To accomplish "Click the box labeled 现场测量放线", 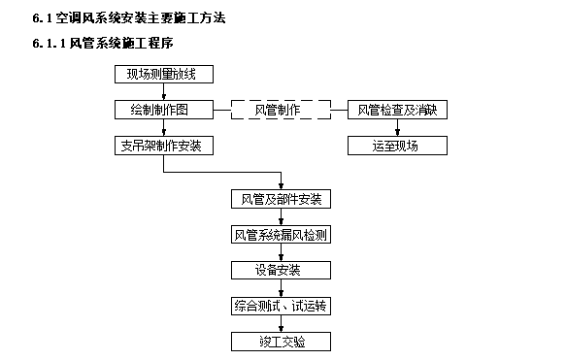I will point(163,75).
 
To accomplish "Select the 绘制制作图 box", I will point(163,110).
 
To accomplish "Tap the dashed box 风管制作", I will point(280,110).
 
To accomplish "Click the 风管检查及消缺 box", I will point(397,110).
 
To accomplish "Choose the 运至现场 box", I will point(397,147).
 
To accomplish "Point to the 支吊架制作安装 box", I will point(163,147).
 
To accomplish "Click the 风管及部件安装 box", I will point(281,199).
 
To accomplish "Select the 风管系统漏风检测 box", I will point(281,234).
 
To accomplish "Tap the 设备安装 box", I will point(281,270).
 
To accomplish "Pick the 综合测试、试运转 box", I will point(281,306).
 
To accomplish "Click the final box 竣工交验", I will point(281,342).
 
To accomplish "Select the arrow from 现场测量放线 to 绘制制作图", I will point(163,92).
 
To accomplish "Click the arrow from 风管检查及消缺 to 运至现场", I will point(397,128).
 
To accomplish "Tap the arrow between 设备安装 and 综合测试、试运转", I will point(281,287).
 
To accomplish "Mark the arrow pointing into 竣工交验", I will point(281,323).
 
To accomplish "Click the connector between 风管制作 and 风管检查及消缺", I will point(338,110).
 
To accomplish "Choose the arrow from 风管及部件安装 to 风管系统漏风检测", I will point(281,216).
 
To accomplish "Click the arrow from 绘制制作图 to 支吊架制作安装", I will point(163,128).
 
